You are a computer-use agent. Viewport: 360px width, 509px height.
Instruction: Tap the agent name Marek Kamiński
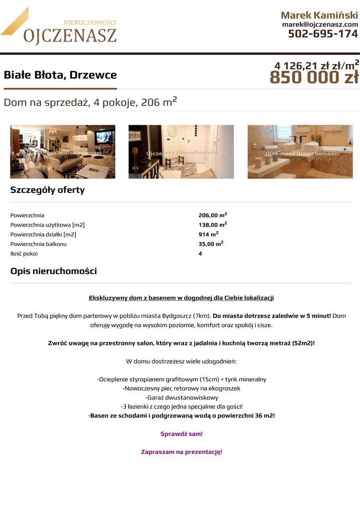coord(319,15)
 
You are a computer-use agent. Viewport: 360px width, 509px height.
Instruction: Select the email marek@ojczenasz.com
coord(320,24)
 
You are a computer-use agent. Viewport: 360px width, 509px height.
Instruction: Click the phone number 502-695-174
coord(323,34)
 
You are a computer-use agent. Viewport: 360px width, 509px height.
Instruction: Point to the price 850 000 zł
coord(314,78)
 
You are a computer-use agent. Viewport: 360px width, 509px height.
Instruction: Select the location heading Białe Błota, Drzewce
coord(60,75)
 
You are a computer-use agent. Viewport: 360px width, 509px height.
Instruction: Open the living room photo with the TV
coord(63,152)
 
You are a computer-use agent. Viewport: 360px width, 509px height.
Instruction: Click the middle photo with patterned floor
coord(181,152)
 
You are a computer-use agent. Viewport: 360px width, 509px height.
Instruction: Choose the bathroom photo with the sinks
coord(300,152)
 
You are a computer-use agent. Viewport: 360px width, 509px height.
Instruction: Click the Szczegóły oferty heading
coord(48,190)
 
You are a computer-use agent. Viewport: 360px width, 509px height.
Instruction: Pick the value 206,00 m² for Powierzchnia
coord(212,215)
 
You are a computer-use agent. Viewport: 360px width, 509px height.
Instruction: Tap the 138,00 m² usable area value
coord(212,225)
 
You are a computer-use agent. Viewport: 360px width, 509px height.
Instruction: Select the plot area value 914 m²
coord(208,234)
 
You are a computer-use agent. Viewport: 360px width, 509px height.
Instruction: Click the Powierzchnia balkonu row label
coord(38,244)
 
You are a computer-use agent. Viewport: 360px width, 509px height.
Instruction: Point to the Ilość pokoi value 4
coord(200,254)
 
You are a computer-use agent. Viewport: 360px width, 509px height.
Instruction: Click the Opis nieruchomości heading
coord(54,271)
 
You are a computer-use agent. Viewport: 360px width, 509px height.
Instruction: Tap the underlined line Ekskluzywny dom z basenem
coord(181,298)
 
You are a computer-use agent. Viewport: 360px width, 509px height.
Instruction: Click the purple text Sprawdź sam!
coord(181,434)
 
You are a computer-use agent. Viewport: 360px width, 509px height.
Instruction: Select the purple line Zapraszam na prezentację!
coord(181,452)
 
